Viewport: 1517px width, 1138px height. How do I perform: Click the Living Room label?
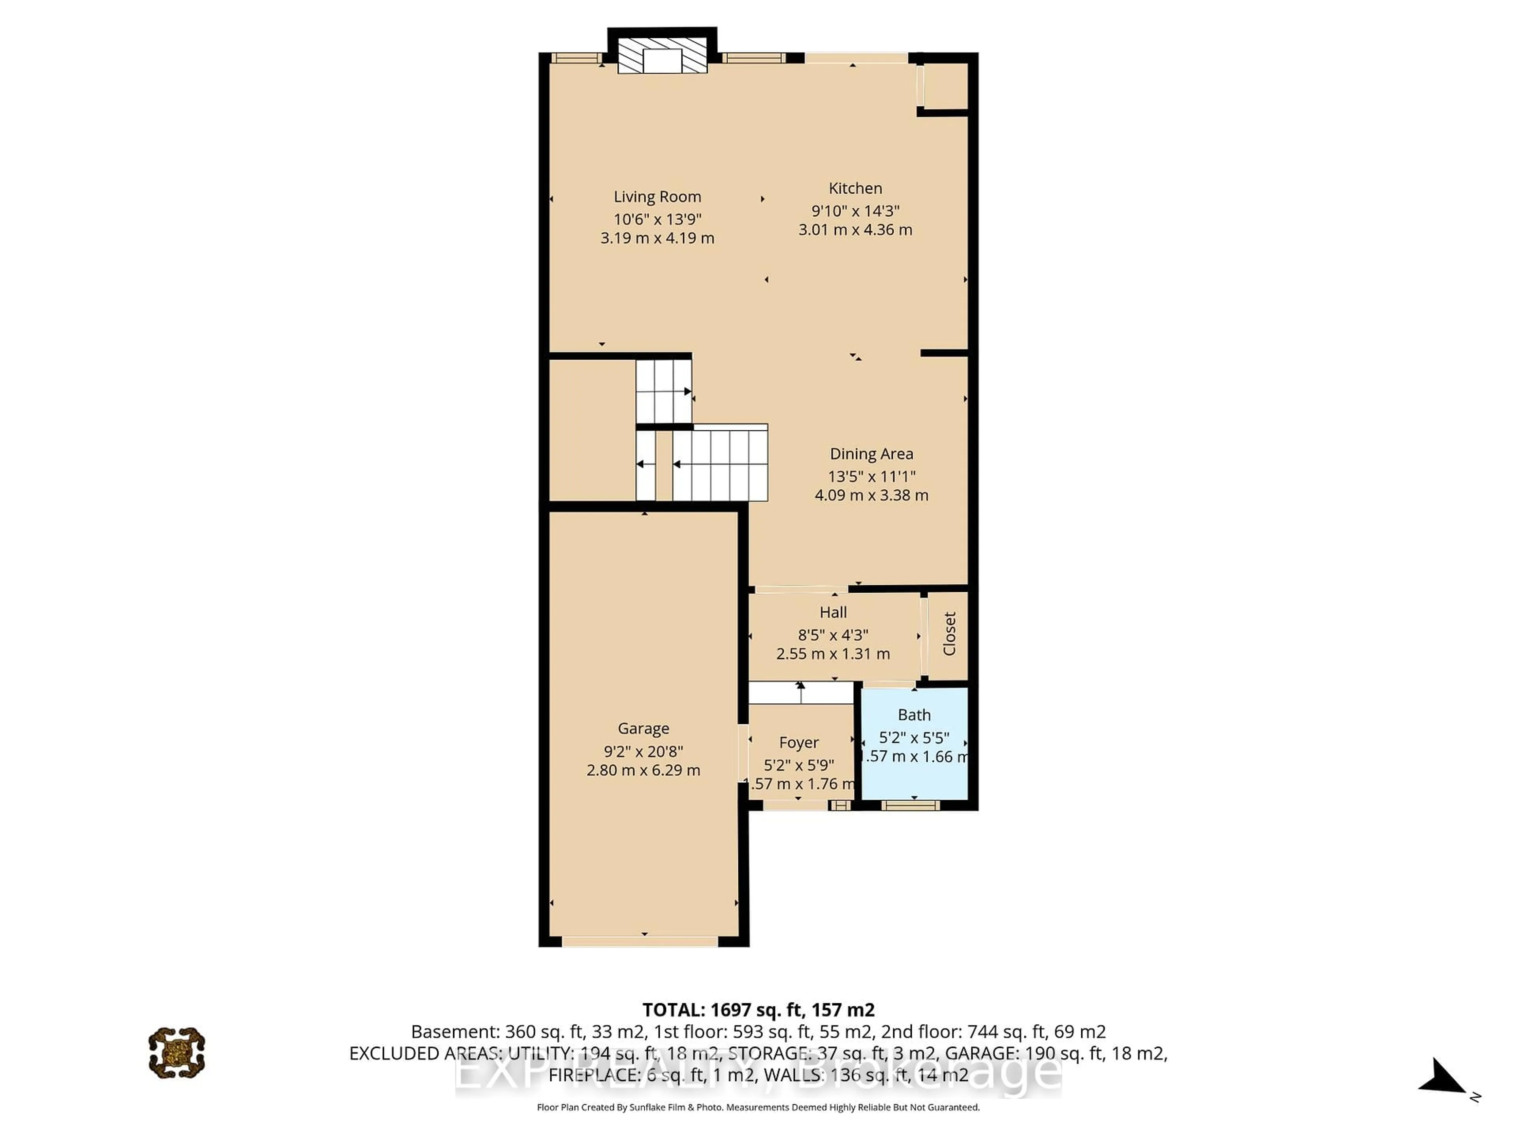657,197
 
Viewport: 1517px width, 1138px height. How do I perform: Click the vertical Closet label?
949,634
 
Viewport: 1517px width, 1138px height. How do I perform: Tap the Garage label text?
643,729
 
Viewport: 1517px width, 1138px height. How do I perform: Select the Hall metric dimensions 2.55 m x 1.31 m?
832,654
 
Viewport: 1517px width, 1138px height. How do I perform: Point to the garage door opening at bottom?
640,942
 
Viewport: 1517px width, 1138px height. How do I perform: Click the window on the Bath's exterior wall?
910,805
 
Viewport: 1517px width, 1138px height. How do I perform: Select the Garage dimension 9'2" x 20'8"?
643,751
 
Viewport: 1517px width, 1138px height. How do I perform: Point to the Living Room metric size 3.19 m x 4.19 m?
657,238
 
